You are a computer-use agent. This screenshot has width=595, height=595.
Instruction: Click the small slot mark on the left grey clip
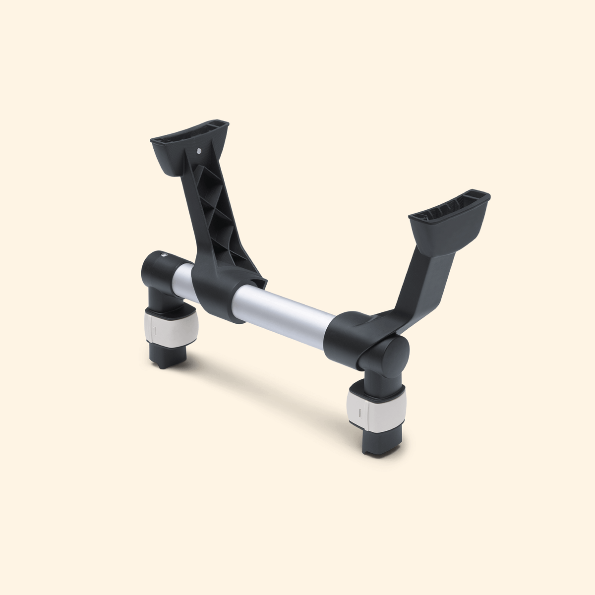pyautogui.click(x=155, y=329)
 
